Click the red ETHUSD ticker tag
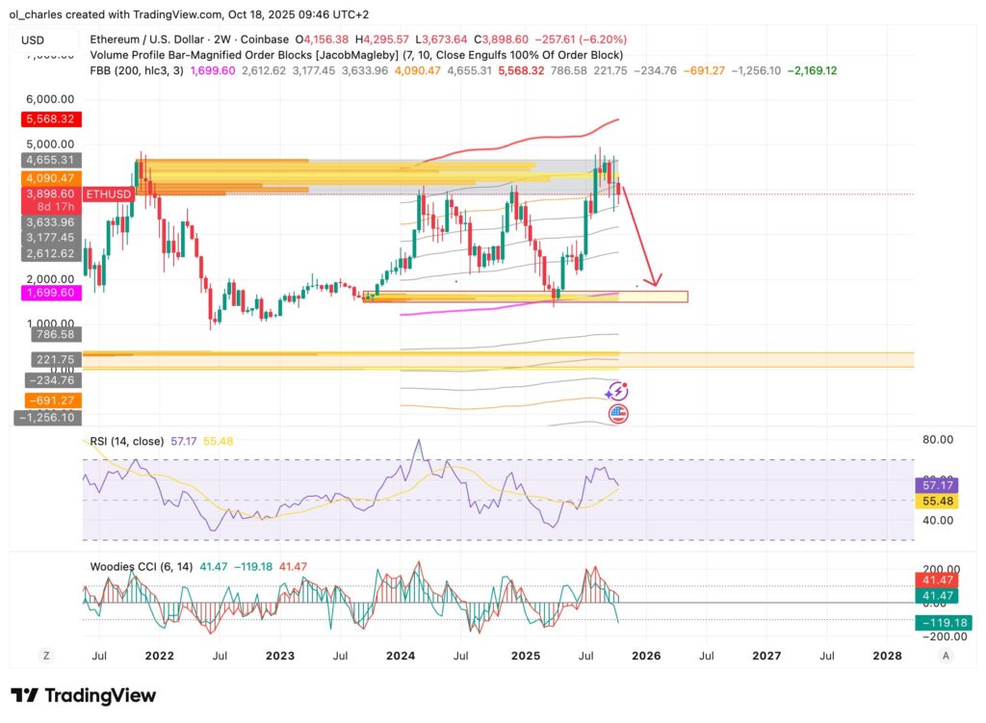pos(107,194)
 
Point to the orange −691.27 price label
pos(47,400)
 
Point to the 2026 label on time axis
pos(646,656)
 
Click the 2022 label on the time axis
pos(159,656)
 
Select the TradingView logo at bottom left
pos(83,695)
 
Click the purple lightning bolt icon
pos(617,391)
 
